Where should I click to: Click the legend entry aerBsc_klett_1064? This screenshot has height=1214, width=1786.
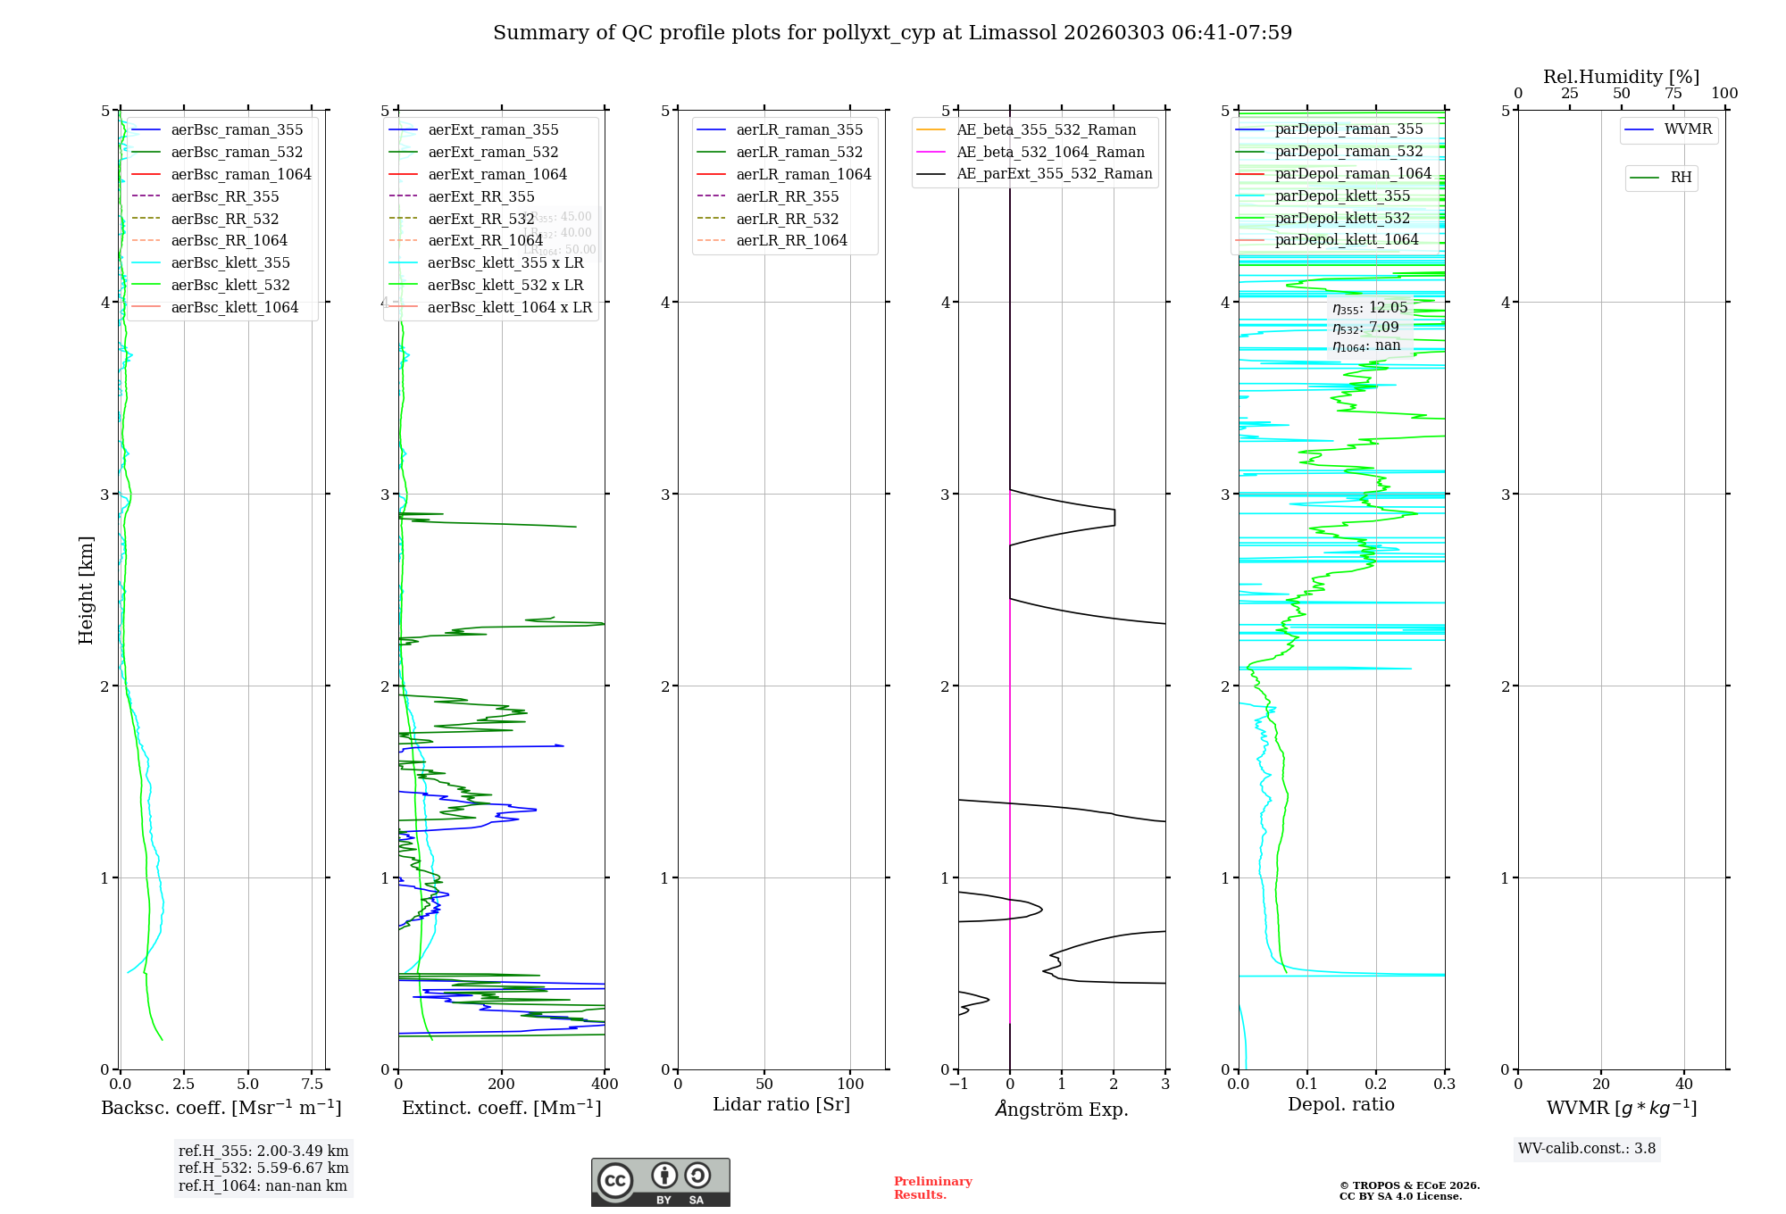(x=235, y=307)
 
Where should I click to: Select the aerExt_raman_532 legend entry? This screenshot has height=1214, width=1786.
(x=493, y=152)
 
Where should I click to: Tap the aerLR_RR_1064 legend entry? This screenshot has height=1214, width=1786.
(x=791, y=240)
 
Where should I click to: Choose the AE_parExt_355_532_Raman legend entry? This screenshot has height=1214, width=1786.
(x=1054, y=173)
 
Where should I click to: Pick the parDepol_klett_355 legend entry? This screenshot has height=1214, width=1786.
(x=1342, y=195)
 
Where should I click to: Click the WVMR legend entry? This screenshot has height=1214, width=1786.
(x=1688, y=129)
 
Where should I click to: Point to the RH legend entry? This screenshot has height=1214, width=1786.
(x=1681, y=178)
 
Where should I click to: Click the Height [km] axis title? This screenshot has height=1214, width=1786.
(x=86, y=590)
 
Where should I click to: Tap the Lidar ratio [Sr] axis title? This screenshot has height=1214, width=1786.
(x=781, y=1104)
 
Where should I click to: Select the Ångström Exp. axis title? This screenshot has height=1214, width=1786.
(x=1062, y=1109)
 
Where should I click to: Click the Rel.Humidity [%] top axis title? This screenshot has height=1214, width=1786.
(x=1621, y=77)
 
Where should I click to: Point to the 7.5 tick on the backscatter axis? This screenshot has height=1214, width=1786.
(x=312, y=1084)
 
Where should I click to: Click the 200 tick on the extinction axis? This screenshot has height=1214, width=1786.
(x=502, y=1084)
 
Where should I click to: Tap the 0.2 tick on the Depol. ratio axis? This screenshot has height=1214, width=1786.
(x=1376, y=1084)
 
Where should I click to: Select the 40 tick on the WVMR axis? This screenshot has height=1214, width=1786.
(x=1684, y=1084)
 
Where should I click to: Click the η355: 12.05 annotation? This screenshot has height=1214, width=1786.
(x=1370, y=308)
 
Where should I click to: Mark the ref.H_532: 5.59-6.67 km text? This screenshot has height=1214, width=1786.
(x=263, y=1168)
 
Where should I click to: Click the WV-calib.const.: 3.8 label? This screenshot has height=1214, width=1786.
(x=1587, y=1148)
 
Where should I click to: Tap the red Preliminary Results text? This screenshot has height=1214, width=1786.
(x=932, y=1187)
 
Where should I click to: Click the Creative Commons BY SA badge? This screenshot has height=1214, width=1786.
(x=660, y=1182)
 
